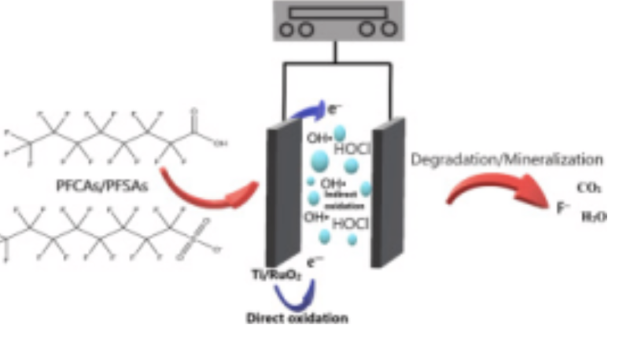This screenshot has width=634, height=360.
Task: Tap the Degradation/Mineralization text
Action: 507,160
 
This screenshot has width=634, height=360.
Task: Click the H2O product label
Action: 594,218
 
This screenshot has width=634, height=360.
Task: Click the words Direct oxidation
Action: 297,318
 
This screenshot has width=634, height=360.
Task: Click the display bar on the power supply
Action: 337,13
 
